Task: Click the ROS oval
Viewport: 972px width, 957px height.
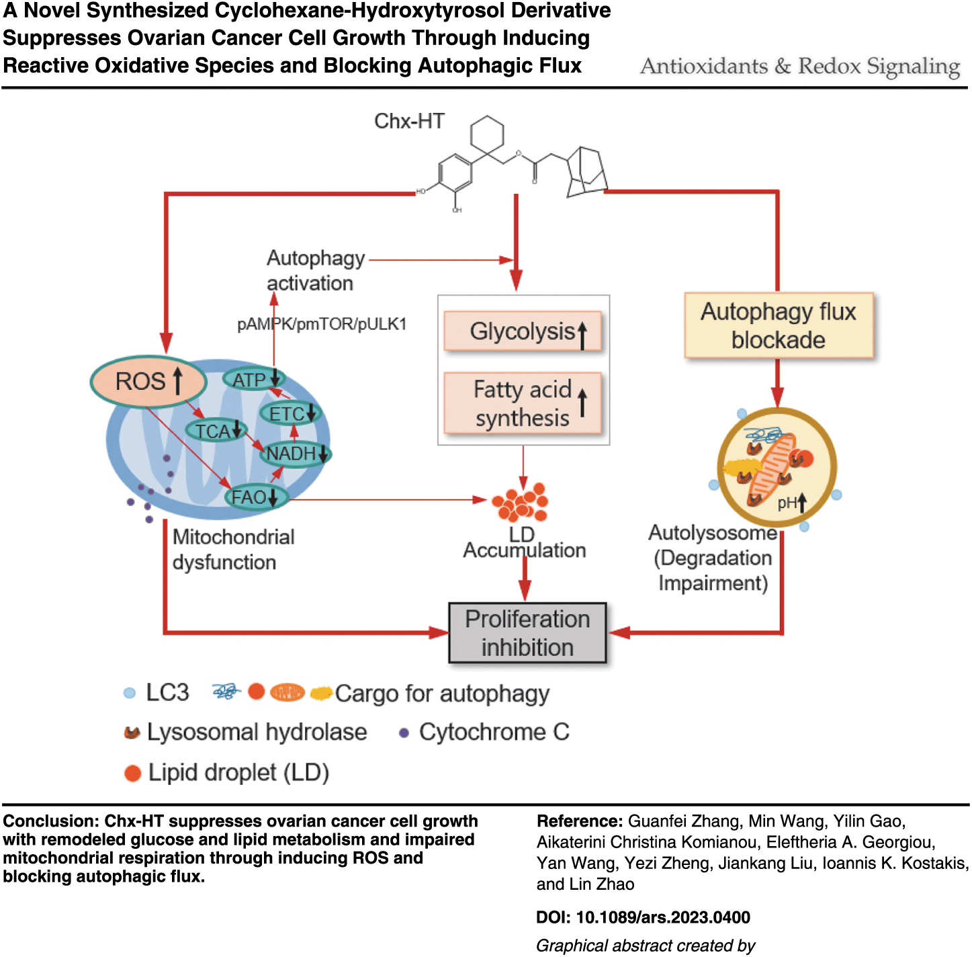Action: click(x=148, y=381)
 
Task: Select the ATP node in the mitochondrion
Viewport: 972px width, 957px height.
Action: click(x=254, y=379)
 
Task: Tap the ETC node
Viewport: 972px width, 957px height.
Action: click(x=291, y=413)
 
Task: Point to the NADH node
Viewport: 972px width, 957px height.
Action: click(x=295, y=454)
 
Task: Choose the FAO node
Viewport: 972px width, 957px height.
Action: click(x=257, y=497)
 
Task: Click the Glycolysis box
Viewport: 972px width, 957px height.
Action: click(x=523, y=331)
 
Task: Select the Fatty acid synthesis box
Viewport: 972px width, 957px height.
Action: click(x=523, y=403)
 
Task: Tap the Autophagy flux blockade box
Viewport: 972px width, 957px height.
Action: click(x=779, y=325)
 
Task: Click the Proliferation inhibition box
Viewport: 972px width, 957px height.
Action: click(x=527, y=632)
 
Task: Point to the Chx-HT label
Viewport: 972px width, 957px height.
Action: click(x=409, y=121)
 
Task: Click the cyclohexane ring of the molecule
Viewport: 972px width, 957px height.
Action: click(x=487, y=134)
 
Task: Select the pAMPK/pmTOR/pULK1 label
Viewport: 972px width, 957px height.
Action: click(x=322, y=324)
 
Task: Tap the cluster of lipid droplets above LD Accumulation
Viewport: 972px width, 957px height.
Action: click(x=521, y=502)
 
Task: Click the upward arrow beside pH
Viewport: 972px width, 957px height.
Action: click(x=802, y=503)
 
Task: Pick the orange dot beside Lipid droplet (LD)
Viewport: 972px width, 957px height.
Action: click(x=132, y=774)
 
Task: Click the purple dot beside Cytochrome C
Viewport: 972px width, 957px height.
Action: click(x=404, y=733)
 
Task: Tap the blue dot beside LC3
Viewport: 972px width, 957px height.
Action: click(x=130, y=693)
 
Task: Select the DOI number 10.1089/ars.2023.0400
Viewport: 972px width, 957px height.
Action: click(x=663, y=917)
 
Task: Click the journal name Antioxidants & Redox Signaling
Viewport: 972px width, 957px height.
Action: click(x=800, y=66)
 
